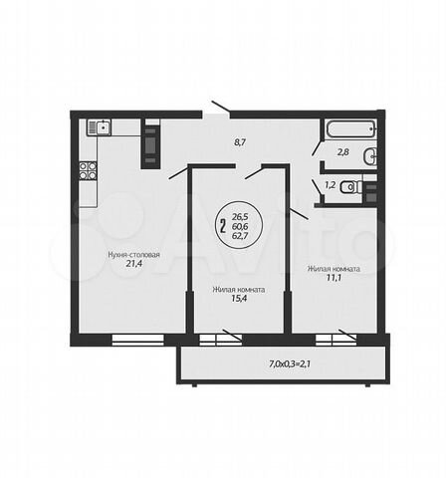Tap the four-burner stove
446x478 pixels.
coord(88,170)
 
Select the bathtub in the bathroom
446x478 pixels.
coord(350,128)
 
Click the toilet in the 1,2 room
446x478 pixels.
coord(351,187)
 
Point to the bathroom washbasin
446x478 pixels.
coord(370,155)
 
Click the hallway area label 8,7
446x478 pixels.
coord(240,142)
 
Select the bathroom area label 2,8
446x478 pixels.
coord(343,152)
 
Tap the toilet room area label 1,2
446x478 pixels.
coord(331,185)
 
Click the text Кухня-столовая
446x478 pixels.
coord(133,255)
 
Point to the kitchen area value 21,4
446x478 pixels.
coord(134,264)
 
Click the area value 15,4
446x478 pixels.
coord(239,299)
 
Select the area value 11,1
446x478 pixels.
coord(334,278)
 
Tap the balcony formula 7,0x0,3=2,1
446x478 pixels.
coord(290,364)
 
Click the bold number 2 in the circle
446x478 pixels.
coord(223,226)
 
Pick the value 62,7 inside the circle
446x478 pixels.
coord(240,236)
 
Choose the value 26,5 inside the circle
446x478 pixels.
coord(240,217)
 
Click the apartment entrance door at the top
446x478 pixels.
coord(221,106)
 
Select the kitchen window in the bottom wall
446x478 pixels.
coord(138,340)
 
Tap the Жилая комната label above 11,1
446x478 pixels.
coord(334,269)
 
